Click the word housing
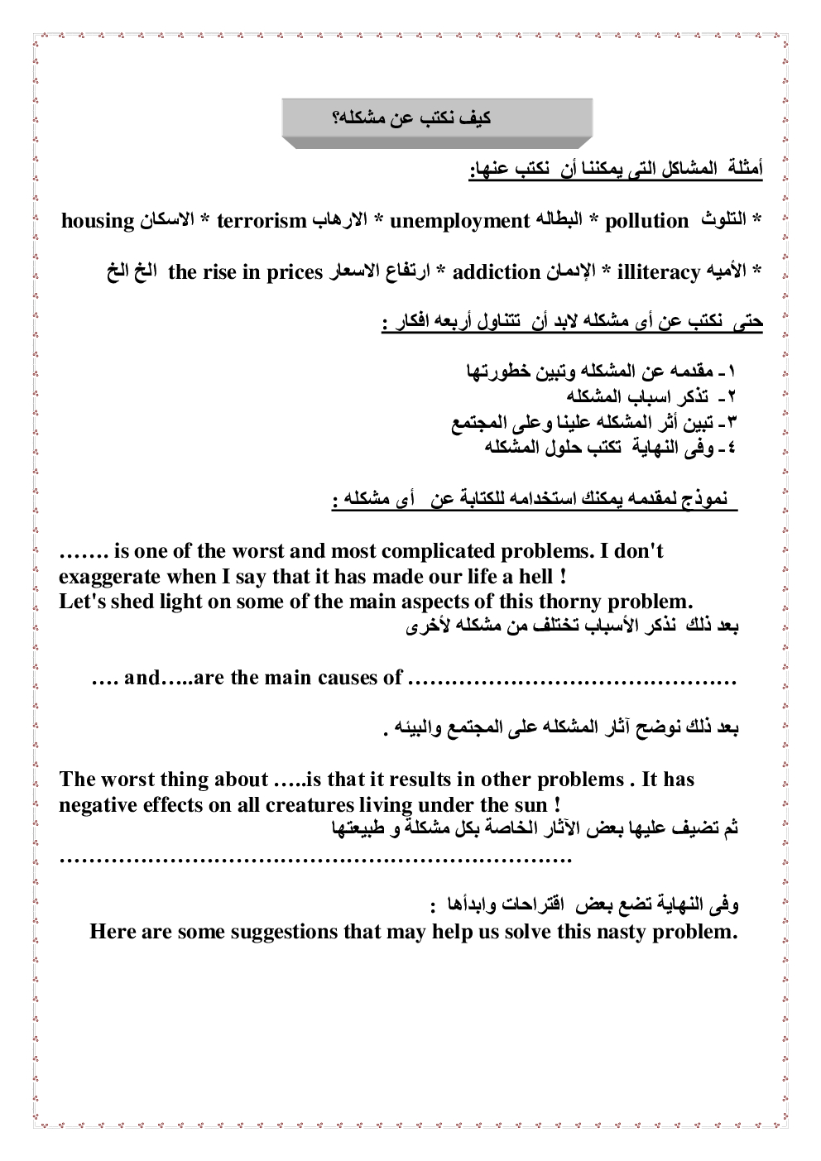98,221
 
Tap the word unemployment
459,221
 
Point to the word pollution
647,221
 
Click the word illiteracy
660,271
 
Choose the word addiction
497,271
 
